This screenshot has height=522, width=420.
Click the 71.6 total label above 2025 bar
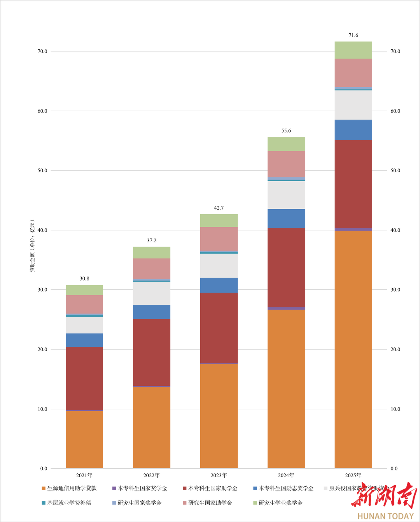tap(353, 35)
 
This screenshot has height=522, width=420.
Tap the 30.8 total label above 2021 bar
tap(84, 279)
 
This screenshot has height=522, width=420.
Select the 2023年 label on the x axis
tap(219, 475)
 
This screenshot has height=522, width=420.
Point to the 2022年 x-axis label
tap(151, 475)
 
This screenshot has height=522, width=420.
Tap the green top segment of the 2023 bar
tap(219, 221)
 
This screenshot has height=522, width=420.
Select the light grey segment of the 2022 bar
tap(151, 293)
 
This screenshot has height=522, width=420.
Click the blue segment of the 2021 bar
tap(84, 340)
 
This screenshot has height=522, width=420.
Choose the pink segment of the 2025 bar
tap(353, 73)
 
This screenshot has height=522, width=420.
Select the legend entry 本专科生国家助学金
tap(212, 488)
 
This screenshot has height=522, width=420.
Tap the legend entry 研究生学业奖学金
tap(280, 503)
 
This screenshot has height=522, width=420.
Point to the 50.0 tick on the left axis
tap(42, 170)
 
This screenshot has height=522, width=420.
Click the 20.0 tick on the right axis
tap(395, 349)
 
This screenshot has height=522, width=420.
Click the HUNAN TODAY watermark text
tap(385, 516)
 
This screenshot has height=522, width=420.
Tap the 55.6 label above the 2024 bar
tap(286, 131)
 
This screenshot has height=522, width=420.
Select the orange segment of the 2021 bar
tap(84, 440)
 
